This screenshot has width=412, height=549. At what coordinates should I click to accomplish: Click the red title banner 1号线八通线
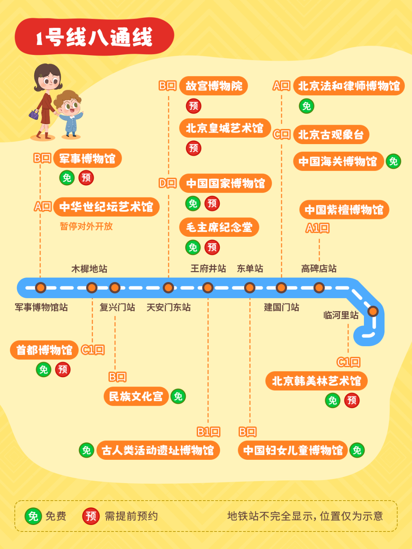click(x=94, y=37)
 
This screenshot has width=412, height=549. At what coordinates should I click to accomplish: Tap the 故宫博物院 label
click(x=214, y=86)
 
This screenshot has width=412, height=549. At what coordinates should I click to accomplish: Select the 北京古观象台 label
click(x=331, y=135)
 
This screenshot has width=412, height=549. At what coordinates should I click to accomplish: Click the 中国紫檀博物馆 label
click(x=344, y=210)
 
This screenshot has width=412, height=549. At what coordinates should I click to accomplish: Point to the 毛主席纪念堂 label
click(x=219, y=227)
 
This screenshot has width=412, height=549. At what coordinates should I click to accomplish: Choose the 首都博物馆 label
click(x=44, y=350)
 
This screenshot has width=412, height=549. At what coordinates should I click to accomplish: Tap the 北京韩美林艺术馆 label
click(x=316, y=381)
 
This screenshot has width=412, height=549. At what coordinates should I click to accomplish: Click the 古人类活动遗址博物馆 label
click(x=158, y=450)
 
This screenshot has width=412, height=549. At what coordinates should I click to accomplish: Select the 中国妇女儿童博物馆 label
click(x=293, y=450)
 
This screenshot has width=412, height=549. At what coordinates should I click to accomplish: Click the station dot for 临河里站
click(x=373, y=311)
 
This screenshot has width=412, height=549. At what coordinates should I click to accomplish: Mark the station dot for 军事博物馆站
click(x=40, y=287)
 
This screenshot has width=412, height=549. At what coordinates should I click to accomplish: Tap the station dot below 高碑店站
click(x=319, y=287)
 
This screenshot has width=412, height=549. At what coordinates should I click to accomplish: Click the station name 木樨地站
click(x=89, y=269)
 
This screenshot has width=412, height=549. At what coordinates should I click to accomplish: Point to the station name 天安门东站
click(x=169, y=307)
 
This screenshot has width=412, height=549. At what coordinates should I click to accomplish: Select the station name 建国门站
click(x=282, y=307)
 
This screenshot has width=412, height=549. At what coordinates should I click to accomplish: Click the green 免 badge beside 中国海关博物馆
click(x=393, y=161)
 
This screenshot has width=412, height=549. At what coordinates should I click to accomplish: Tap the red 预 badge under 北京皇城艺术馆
click(x=194, y=148)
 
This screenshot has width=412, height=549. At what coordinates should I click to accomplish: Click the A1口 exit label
click(x=317, y=228)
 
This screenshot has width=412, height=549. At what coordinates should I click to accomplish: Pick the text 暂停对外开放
click(x=86, y=226)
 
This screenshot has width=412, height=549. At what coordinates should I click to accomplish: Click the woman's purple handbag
click(x=34, y=114)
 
